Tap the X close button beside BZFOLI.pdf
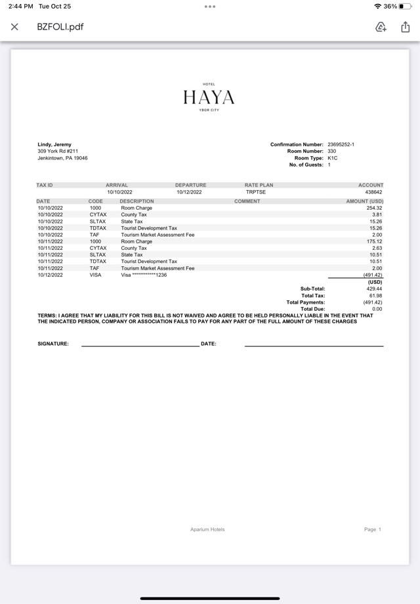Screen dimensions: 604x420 (14, 27)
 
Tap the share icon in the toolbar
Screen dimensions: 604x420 (405, 27)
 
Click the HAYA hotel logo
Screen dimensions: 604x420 (209, 97)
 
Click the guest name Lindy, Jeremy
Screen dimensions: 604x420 (54, 144)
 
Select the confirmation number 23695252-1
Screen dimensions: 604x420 (341, 144)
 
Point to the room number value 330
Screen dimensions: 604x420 (332, 151)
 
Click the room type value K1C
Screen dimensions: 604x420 (332, 158)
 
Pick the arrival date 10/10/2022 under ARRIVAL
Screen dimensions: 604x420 (119, 192)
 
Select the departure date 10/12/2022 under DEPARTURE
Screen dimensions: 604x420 (189, 192)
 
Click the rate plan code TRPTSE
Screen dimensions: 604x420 (255, 192)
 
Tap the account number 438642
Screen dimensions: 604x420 (374, 192)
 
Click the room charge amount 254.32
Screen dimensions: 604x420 (375, 208)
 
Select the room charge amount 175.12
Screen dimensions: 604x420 (375, 241)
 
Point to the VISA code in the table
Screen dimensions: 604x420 (96, 275)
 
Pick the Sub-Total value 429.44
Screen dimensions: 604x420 (374, 289)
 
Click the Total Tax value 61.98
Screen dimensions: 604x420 (375, 296)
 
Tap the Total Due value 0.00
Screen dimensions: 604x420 (377, 309)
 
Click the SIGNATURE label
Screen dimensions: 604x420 (53, 344)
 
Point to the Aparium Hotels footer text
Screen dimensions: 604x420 (207, 529)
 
